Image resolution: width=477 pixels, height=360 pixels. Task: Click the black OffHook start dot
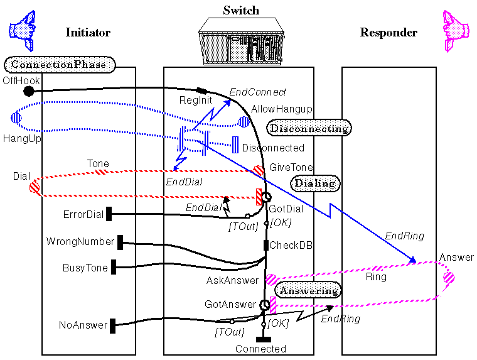click(29, 91)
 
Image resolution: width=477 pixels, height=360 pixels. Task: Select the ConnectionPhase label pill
click(60, 64)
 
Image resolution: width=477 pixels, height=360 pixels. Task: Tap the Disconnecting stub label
click(309, 128)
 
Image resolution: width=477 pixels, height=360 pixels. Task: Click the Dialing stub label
click(315, 183)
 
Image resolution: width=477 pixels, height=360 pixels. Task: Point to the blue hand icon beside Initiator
click(23, 30)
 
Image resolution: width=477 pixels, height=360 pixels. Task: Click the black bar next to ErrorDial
click(109, 214)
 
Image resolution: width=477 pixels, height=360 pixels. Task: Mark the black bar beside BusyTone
click(114, 267)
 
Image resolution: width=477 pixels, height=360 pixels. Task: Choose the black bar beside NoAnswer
click(113, 325)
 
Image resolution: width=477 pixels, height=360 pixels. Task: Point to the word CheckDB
click(291, 245)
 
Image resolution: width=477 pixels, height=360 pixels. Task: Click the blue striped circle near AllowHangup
click(244, 121)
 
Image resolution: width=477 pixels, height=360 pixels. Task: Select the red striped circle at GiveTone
click(259, 170)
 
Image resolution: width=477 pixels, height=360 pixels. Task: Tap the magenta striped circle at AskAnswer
click(271, 280)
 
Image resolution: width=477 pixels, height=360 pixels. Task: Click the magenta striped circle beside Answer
click(449, 276)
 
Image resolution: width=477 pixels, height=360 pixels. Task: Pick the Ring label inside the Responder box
click(377, 276)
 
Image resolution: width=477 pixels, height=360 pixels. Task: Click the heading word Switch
click(241, 11)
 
